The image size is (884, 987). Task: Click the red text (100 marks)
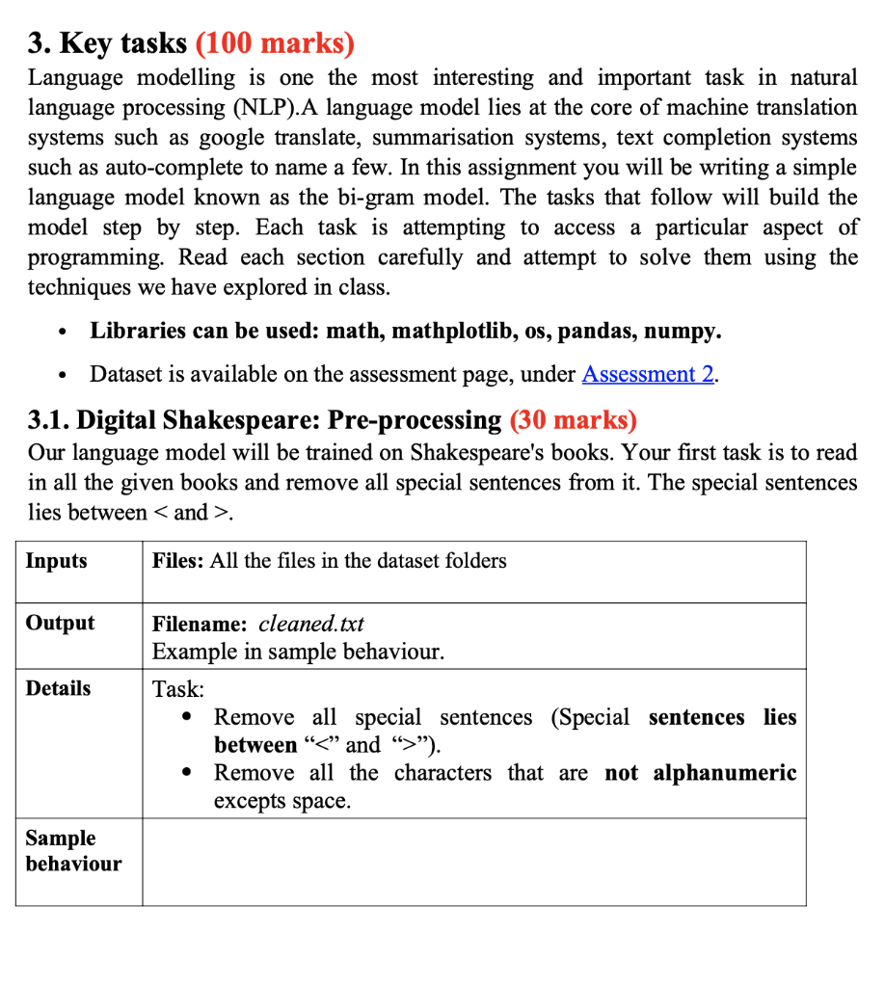pyautogui.click(x=275, y=43)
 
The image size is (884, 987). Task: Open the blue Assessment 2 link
pyautogui.click(x=648, y=374)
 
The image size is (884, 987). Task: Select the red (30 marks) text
pyautogui.click(x=573, y=420)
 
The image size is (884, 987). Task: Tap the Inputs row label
pyautogui.click(x=56, y=561)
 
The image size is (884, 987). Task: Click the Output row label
pyautogui.click(x=60, y=623)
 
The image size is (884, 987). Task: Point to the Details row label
pyautogui.click(x=58, y=688)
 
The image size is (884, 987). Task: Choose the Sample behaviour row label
pyautogui.click(x=73, y=850)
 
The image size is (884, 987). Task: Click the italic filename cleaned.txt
pyautogui.click(x=311, y=623)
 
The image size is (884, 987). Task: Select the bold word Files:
pyautogui.click(x=177, y=561)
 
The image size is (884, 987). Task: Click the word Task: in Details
pyautogui.click(x=178, y=689)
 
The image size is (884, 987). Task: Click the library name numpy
pyautogui.click(x=681, y=332)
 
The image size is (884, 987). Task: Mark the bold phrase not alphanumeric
pyautogui.click(x=700, y=773)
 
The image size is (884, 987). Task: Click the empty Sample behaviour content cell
pyautogui.click(x=472, y=862)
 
